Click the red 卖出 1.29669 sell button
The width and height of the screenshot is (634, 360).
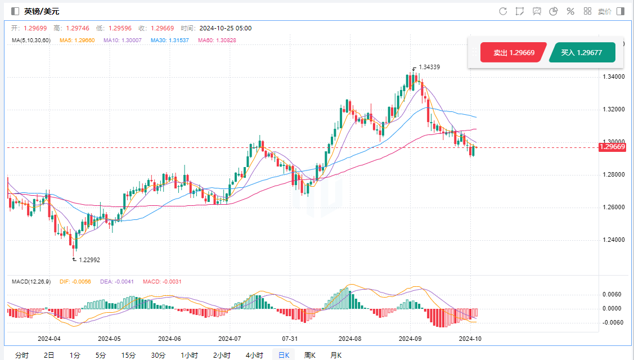tap(514, 53)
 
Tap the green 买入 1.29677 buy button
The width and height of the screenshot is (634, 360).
tap(582, 53)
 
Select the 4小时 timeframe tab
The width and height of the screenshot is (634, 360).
tap(254, 355)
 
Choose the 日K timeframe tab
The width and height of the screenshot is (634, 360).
tap(284, 355)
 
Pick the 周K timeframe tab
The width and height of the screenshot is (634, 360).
tap(309, 355)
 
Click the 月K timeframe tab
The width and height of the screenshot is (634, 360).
tap(335, 355)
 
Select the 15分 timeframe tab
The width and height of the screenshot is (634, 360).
tap(128, 355)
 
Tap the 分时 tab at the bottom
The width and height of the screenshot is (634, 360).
tap(21, 355)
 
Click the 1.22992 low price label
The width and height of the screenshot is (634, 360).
tap(89, 260)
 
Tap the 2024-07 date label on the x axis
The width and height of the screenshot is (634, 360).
tap(230, 339)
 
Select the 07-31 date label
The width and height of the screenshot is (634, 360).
tap(290, 339)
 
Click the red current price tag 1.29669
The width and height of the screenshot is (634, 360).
tap(612, 147)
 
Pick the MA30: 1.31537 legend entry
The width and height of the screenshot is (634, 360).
tap(152, 40)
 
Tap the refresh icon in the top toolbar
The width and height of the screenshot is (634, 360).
tap(503, 11)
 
